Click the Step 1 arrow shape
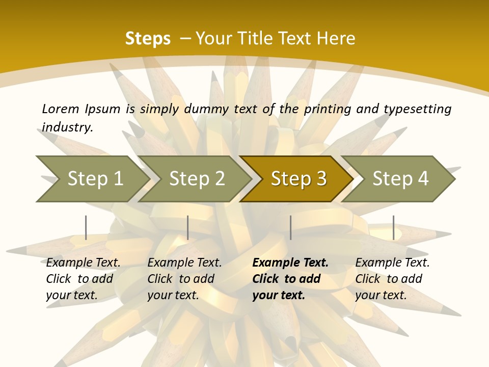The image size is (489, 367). click(x=92, y=179)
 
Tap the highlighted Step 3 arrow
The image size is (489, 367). click(x=298, y=179)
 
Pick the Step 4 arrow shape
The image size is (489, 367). click(x=400, y=179)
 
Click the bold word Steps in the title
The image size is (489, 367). click(x=148, y=39)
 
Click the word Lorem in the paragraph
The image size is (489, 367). click(x=61, y=109)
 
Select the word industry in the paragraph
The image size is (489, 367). click(x=67, y=127)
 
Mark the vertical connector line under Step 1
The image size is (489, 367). click(x=86, y=227)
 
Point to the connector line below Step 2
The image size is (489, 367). click(x=188, y=227)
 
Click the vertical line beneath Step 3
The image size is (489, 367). click(x=291, y=227)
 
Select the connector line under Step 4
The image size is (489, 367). click(x=393, y=227)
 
